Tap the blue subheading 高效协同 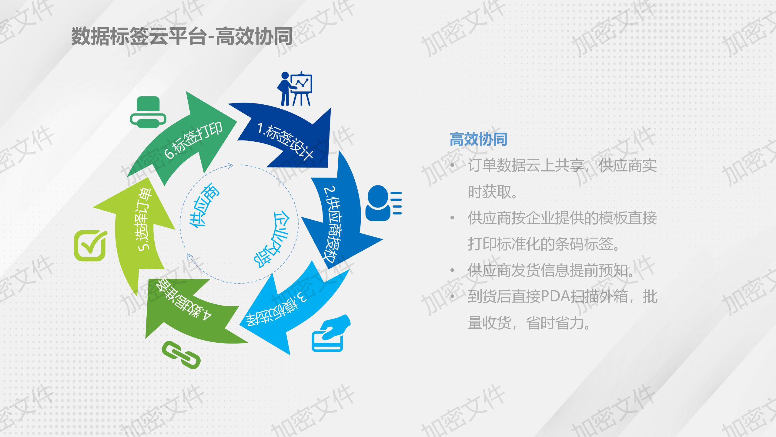(478, 140)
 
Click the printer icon (148, 112)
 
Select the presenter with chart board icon (295, 89)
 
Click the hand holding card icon (331, 333)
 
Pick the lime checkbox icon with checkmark (91, 246)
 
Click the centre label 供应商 (204, 209)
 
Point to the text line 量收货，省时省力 (530, 323)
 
